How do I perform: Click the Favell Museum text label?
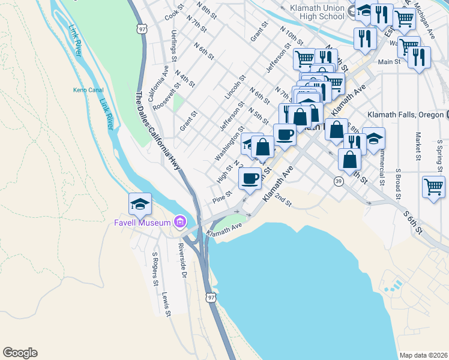143,223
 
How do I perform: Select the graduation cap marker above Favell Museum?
140,204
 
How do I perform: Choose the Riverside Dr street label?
183,262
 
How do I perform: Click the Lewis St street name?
166,304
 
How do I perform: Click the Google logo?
20,353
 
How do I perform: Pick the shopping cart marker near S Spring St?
433,187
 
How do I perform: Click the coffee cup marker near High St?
250,178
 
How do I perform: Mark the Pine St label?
221,196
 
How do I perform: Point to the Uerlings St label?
173,46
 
